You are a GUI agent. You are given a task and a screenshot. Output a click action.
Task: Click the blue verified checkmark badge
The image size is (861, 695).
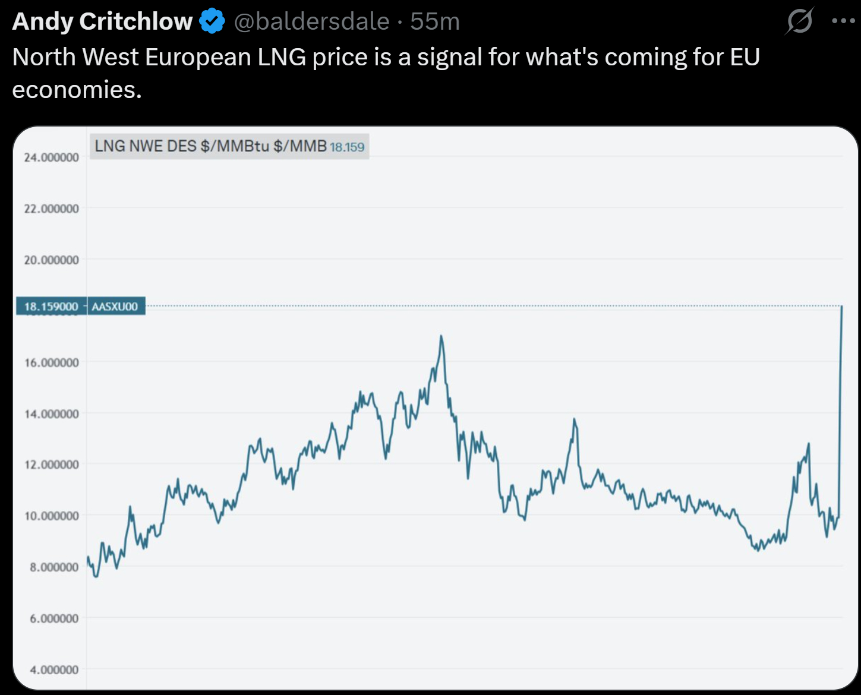[x=212, y=21]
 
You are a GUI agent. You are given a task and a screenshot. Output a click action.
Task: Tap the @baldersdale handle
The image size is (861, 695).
[x=311, y=21]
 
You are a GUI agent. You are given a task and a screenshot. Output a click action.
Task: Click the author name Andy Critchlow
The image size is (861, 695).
[x=102, y=21]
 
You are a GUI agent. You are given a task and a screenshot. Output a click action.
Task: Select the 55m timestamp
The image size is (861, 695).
[x=435, y=21]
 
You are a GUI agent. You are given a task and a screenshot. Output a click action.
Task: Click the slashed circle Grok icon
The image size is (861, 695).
[x=799, y=22]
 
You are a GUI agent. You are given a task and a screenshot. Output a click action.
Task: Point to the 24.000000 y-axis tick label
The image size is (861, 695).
[x=51, y=157]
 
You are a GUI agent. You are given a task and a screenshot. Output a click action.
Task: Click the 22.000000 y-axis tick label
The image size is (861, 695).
[x=51, y=208]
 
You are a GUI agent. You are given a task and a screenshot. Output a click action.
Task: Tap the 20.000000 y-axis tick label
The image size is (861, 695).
[x=51, y=260]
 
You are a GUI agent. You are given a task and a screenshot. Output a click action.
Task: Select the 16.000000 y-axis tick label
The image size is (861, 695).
[x=51, y=362]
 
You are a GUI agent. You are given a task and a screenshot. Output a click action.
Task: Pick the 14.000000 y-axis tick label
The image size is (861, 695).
[x=51, y=413]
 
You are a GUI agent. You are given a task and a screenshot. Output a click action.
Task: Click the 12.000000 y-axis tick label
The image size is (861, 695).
[x=51, y=465]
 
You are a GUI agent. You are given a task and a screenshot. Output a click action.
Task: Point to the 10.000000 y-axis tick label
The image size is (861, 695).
[x=51, y=516]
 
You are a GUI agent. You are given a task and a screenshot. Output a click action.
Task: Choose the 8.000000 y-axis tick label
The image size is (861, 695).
[x=54, y=567]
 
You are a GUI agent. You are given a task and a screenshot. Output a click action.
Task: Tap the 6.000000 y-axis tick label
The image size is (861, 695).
[x=54, y=618]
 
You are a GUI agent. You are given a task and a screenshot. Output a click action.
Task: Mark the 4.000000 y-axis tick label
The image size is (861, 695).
[x=54, y=669]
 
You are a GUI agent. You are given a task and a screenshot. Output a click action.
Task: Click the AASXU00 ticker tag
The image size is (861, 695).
[x=115, y=307]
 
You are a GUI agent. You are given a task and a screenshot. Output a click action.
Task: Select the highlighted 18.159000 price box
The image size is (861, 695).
[x=51, y=307]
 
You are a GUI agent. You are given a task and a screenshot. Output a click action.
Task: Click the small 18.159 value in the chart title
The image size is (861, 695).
[x=347, y=147]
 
